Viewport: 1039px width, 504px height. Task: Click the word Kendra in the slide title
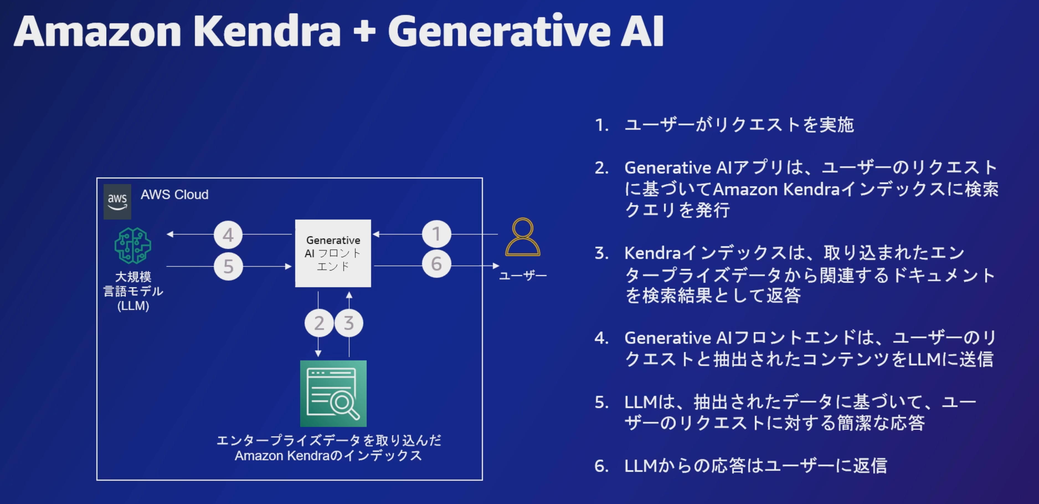pyautogui.click(x=267, y=32)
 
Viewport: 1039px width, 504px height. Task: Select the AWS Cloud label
pyautogui.click(x=174, y=195)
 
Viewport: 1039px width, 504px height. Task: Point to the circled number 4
pyautogui.click(x=228, y=235)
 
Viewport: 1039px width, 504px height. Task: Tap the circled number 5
pyautogui.click(x=228, y=266)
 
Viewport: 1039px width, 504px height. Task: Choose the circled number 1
pyautogui.click(x=436, y=234)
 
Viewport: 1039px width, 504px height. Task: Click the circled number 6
pyautogui.click(x=436, y=264)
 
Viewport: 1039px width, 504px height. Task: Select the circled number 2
pyautogui.click(x=319, y=323)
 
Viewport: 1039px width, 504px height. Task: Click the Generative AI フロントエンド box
pyautogui.click(x=333, y=253)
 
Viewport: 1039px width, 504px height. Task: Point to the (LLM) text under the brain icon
pyautogui.click(x=133, y=306)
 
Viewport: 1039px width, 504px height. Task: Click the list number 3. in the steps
pyautogui.click(x=601, y=253)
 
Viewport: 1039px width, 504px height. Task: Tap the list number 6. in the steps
pyautogui.click(x=601, y=466)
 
